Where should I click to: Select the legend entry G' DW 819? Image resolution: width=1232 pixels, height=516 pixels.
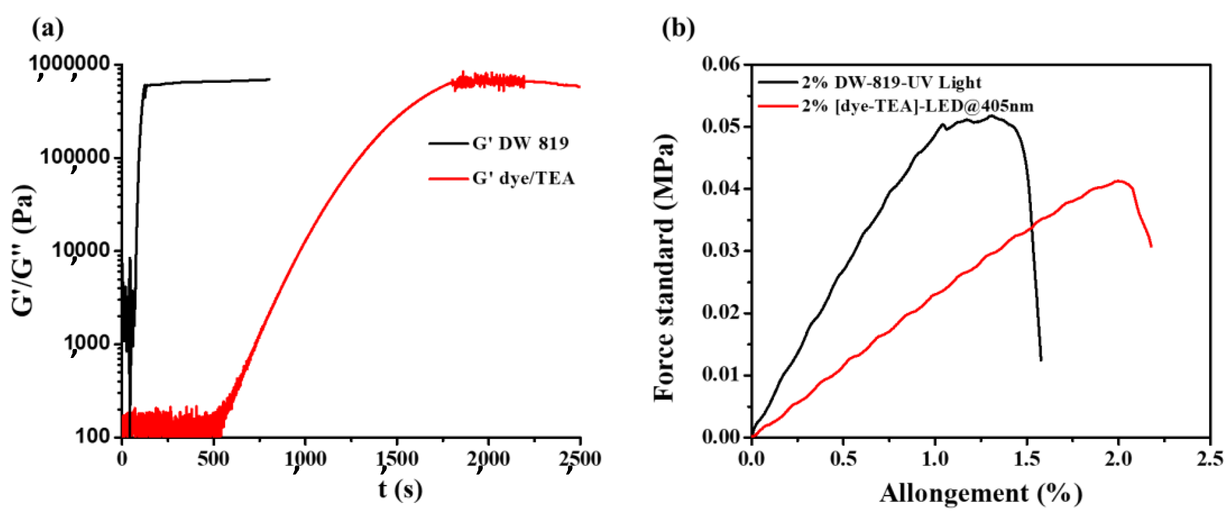point(521,143)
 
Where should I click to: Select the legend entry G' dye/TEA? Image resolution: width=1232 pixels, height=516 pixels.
point(523,178)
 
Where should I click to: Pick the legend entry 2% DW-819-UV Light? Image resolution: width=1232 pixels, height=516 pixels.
point(891,82)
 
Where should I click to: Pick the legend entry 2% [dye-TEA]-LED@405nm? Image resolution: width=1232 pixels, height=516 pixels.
point(917,106)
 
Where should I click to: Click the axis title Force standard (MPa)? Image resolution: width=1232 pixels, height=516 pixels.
point(665,268)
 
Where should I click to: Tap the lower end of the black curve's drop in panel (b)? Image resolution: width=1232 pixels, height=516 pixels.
point(1041,359)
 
